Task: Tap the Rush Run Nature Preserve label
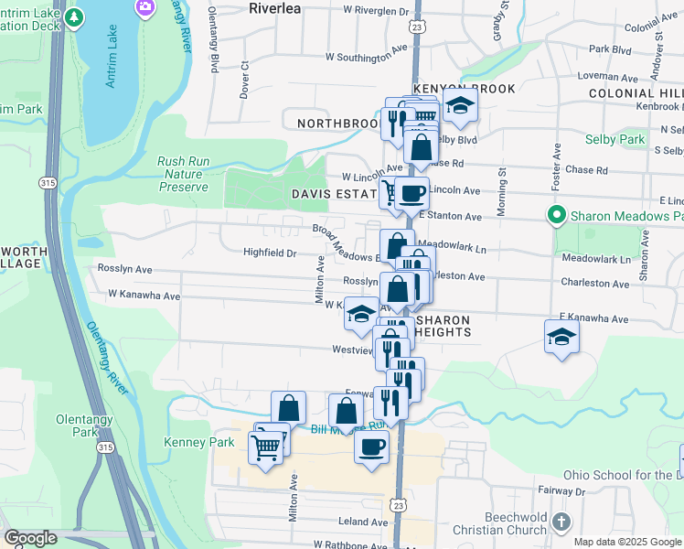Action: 183,174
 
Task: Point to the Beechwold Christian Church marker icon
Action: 561,522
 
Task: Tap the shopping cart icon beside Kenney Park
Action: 265,447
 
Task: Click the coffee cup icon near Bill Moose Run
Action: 370,447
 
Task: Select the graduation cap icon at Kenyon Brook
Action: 460,108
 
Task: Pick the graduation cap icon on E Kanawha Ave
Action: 561,336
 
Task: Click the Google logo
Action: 29,538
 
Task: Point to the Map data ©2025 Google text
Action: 628,542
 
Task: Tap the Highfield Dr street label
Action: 270,253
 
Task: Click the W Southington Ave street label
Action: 365,58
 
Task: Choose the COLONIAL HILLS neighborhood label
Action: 636,93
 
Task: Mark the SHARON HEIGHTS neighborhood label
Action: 444,326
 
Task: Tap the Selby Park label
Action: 617,139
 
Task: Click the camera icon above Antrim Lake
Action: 144,6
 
